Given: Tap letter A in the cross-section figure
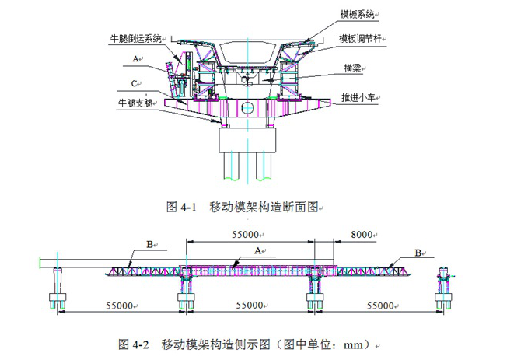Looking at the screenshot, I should [135, 59].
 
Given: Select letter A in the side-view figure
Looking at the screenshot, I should [257, 250].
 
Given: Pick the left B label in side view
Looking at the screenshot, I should [149, 244].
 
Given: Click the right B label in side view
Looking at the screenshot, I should [418, 252].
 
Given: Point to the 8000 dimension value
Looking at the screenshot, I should [362, 233].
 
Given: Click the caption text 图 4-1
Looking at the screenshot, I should [184, 208].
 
